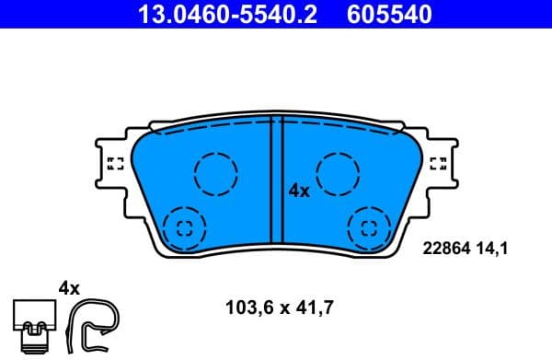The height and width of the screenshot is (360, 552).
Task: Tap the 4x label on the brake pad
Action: (x=299, y=192)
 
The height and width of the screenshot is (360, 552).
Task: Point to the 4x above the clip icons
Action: (x=70, y=288)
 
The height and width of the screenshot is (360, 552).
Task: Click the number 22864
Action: (x=444, y=247)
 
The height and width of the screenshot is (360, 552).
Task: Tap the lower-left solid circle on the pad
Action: (x=183, y=227)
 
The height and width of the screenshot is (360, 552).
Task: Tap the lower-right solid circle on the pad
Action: (x=370, y=227)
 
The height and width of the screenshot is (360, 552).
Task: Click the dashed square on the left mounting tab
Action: (x=116, y=165)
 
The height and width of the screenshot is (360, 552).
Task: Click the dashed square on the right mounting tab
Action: (x=439, y=165)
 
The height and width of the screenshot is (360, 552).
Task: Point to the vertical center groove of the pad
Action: (x=276, y=184)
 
